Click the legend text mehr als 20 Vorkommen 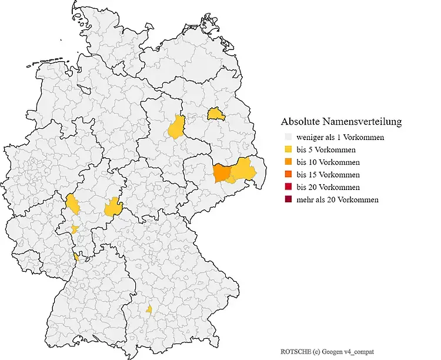pyautogui.click(x=338, y=200)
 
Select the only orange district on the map pyautogui.click(x=222, y=173)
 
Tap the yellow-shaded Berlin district pyautogui.click(x=216, y=113)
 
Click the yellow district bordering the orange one pyautogui.click(x=243, y=172)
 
